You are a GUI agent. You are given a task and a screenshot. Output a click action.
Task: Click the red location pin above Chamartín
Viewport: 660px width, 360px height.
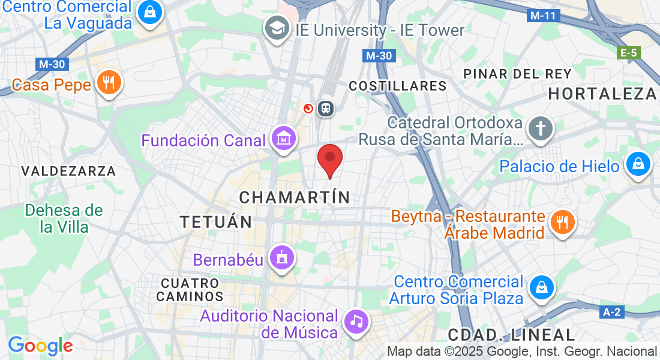click(x=329, y=158)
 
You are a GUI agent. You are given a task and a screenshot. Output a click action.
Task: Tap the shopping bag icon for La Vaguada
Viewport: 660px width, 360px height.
click(x=150, y=11)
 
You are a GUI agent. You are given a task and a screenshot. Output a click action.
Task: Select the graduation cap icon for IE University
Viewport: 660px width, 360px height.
click(x=277, y=28)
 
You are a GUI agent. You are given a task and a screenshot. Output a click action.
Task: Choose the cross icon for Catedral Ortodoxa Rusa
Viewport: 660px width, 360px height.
click(x=540, y=128)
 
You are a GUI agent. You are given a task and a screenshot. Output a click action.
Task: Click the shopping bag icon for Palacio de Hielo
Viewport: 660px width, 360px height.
click(x=638, y=164)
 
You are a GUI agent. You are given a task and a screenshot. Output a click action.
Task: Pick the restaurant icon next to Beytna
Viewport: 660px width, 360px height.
click(x=562, y=223)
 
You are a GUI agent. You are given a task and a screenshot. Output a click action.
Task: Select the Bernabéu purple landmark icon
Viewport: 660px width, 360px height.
click(x=281, y=258)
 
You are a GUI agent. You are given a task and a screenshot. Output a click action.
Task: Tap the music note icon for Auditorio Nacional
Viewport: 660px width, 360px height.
click(x=356, y=322)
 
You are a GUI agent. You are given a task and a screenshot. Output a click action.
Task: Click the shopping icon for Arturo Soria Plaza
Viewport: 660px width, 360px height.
click(x=542, y=287)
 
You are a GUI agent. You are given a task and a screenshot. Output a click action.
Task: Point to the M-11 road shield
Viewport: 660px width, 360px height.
click(x=544, y=16)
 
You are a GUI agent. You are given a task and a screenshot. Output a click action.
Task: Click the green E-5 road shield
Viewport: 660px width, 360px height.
click(x=628, y=53)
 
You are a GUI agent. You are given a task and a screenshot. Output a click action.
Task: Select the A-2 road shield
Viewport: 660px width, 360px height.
click(x=611, y=312)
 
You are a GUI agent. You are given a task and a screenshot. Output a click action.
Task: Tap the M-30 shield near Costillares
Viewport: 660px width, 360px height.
click(x=379, y=56)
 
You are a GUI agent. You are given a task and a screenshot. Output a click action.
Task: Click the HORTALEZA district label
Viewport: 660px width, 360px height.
click(x=602, y=94)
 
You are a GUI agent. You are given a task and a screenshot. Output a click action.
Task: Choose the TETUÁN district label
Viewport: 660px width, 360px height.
click(x=217, y=222)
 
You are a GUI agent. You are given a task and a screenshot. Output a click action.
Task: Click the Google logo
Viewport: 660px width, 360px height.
click(x=40, y=346)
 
